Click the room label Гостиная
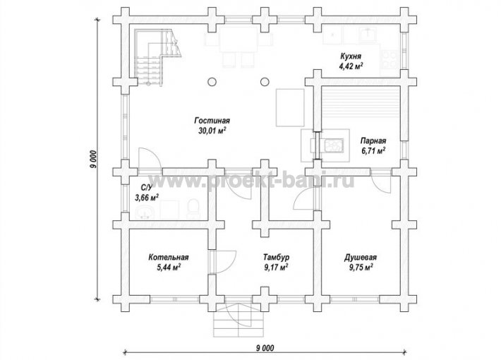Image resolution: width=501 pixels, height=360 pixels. (x=212, y=121)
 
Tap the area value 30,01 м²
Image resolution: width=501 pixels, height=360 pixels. (x=212, y=131)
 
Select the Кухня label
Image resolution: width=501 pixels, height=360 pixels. (x=351, y=56)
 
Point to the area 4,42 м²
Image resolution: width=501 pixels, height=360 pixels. (x=351, y=66)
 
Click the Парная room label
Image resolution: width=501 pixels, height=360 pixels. (x=373, y=140)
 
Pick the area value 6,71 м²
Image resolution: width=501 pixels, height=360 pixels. (x=373, y=150)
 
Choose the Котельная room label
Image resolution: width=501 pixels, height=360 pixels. (x=169, y=258)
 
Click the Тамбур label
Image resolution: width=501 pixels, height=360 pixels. (x=277, y=258)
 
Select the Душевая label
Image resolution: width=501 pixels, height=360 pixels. (x=360, y=258)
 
